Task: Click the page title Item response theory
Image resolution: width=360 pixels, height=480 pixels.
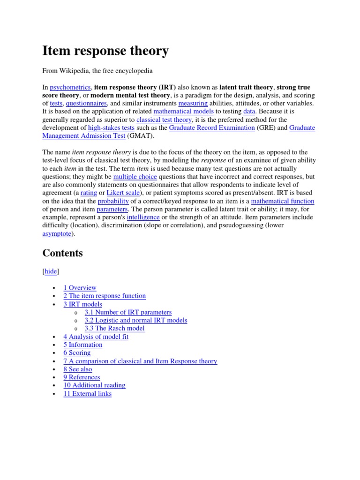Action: (x=105, y=51)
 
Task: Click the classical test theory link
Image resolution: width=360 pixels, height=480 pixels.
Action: (x=164, y=120)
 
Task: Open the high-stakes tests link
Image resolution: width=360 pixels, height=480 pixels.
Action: (x=111, y=127)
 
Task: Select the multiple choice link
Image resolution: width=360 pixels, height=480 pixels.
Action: (x=135, y=177)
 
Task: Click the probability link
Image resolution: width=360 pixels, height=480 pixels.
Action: (x=113, y=201)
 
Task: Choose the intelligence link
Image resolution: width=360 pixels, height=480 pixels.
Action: (x=143, y=217)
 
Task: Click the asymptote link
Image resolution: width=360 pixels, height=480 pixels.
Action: (x=58, y=233)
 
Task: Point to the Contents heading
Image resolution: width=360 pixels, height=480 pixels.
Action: (x=62, y=253)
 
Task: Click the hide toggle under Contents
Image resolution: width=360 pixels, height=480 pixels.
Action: (x=51, y=271)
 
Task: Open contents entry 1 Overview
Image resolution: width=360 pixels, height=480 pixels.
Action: (x=80, y=288)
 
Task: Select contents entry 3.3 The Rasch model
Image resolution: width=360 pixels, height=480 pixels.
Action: (x=114, y=328)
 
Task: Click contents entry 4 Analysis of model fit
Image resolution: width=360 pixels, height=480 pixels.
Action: (x=96, y=337)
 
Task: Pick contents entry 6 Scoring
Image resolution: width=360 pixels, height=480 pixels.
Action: (x=77, y=352)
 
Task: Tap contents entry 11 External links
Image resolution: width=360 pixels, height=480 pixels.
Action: (x=87, y=393)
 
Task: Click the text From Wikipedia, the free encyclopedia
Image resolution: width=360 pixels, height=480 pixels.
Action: (x=97, y=71)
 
